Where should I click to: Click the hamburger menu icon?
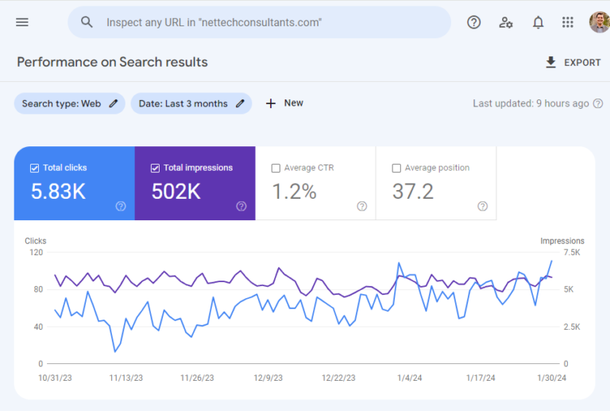(22, 22)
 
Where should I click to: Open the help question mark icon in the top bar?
(474, 22)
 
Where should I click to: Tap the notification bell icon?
(538, 22)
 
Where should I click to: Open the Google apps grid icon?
(567, 22)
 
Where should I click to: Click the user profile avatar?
(599, 22)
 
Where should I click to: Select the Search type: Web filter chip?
(69, 103)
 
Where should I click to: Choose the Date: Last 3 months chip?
(191, 103)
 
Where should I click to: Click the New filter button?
(284, 103)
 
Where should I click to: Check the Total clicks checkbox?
(34, 169)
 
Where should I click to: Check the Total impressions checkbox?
(155, 169)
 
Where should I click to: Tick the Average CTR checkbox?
(276, 169)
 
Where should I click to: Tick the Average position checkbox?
(396, 169)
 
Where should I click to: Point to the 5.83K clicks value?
(59, 192)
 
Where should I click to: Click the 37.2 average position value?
(413, 192)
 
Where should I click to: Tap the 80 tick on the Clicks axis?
(37, 289)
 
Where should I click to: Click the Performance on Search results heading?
(112, 62)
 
